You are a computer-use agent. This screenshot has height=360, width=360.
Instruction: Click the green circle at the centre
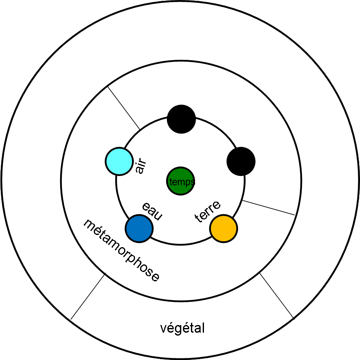(180, 181)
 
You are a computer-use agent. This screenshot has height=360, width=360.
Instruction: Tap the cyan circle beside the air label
(119, 161)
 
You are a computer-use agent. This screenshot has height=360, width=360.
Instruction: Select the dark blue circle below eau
(139, 229)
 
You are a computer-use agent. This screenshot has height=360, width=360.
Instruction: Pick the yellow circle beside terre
(224, 229)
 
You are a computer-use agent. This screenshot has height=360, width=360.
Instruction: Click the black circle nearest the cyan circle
(181, 119)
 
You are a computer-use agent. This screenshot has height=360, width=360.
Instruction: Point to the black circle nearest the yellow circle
(241, 161)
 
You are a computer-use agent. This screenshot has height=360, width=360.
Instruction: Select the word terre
(208, 212)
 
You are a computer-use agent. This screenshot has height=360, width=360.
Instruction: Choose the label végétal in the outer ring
(183, 328)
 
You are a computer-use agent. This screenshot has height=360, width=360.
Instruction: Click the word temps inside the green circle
(182, 182)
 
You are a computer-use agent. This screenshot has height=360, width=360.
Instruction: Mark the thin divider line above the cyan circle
(124, 107)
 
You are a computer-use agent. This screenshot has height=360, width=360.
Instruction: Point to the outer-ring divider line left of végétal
(87, 297)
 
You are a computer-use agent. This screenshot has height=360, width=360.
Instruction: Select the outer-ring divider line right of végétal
(276, 295)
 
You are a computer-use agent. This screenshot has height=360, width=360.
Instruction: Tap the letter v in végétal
(164, 328)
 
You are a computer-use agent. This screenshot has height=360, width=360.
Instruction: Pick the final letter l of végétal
(203, 328)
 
